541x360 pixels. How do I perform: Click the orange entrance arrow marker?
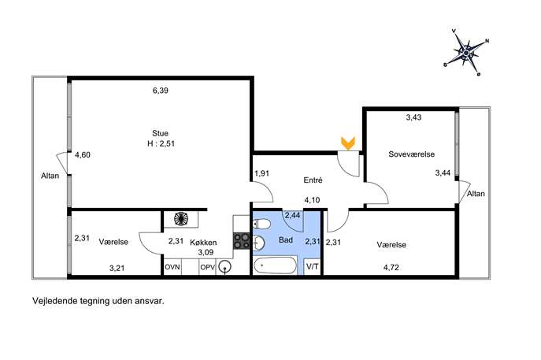(348, 143)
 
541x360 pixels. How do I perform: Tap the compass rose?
(466, 53)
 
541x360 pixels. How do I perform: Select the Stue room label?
(160, 133)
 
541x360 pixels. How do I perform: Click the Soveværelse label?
(411, 154)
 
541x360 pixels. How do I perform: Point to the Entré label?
(313, 180)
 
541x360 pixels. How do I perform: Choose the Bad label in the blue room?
(286, 240)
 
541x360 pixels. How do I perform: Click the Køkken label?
(203, 243)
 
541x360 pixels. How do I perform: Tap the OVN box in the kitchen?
(172, 267)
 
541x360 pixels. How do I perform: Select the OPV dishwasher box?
(208, 267)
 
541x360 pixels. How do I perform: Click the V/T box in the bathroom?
(313, 267)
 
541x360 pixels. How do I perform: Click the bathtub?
(275, 266)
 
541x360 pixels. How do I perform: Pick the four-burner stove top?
(241, 241)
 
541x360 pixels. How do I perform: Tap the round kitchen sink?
(225, 267)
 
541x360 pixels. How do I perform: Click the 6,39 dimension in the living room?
(161, 91)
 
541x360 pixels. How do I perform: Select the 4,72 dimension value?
(391, 268)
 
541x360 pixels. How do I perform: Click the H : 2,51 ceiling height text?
(161, 143)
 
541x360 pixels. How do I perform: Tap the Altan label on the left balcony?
(50, 176)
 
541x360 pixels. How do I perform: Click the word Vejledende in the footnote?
(54, 301)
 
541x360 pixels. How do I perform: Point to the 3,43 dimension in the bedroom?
(413, 117)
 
